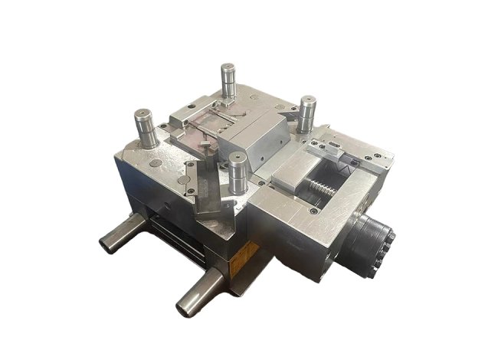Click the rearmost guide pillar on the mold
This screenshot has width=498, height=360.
pos(228,78)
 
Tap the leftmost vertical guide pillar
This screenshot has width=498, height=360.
pos(146,128)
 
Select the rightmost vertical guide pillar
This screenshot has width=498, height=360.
pos(308,112)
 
